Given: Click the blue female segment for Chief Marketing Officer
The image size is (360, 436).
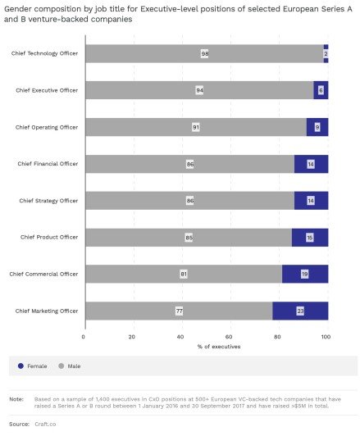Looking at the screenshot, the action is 300,311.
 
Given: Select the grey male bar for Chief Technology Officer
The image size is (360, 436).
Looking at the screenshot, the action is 204,53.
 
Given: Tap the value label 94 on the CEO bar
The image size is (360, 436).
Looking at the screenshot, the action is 199,90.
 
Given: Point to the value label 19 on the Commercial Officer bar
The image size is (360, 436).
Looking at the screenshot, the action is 304,275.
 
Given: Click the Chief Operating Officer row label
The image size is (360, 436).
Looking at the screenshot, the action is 47,127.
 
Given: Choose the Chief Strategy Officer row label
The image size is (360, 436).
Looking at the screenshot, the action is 48,201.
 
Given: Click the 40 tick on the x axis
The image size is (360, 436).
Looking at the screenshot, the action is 180,337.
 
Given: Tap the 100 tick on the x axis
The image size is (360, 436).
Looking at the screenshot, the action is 326,337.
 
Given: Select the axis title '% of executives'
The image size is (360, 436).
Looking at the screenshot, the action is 219,347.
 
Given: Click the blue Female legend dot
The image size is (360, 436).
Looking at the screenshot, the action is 21,366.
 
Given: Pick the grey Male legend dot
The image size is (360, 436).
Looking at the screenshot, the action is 62,366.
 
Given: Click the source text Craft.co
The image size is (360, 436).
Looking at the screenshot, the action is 45,424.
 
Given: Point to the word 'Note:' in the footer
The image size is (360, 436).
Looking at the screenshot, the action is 16,399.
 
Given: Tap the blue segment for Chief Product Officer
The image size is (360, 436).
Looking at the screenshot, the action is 310,238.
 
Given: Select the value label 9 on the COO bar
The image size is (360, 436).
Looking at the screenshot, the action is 317,127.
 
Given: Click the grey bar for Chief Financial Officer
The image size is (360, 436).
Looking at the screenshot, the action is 189,164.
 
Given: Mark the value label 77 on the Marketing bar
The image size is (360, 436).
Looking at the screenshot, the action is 179,311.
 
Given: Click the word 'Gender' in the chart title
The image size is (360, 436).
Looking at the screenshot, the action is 17,9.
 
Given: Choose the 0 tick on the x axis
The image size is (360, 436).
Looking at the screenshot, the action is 84,337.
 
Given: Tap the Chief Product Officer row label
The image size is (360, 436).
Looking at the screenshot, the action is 49,237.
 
